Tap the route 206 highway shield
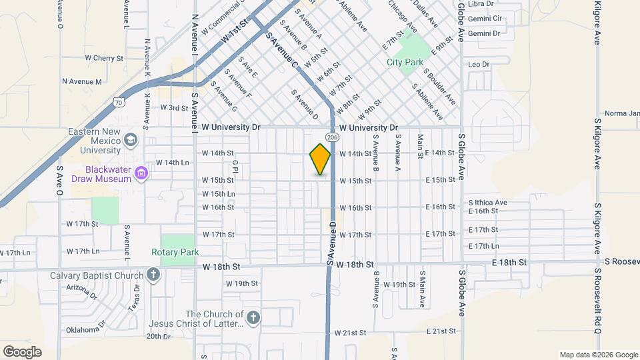click(x=334, y=137)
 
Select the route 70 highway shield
click(x=118, y=102)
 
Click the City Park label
click(x=405, y=62)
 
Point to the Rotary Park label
click(x=175, y=253)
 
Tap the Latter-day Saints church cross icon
click(x=253, y=319)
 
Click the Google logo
click(x=22, y=351)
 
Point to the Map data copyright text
click(x=598, y=354)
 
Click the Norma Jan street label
click(x=621, y=113)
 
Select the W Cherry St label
click(x=104, y=59)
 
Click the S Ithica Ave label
click(x=488, y=202)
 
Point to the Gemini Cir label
click(x=485, y=19)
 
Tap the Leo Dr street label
click(x=479, y=65)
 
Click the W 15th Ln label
click(x=219, y=194)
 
